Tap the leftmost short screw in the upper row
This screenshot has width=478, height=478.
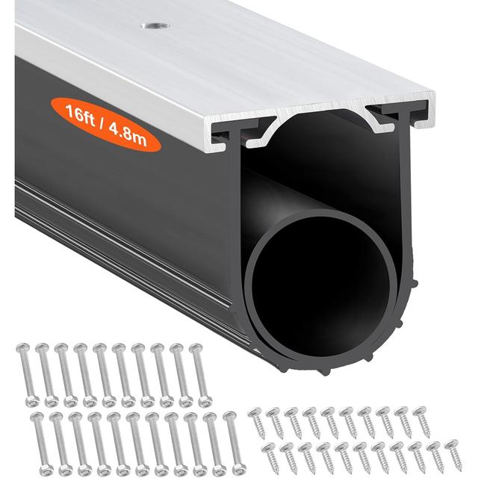(257, 422)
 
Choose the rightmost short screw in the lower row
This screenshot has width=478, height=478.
(453, 456)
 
